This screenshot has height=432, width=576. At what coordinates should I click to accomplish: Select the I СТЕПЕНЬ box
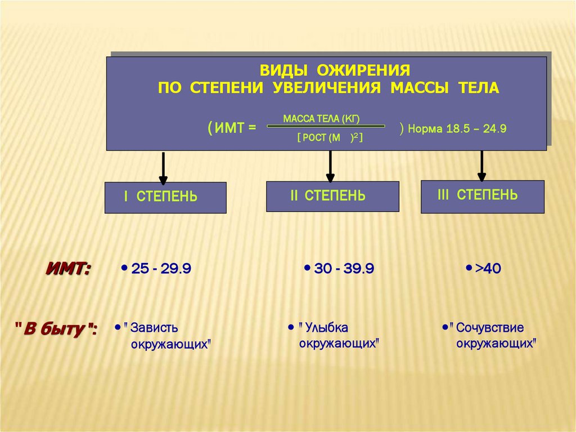pyautogui.click(x=165, y=197)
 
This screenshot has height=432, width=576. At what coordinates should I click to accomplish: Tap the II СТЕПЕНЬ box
pyautogui.click(x=332, y=196)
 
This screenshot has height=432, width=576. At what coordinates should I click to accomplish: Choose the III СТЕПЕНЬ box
pyautogui.click(x=483, y=196)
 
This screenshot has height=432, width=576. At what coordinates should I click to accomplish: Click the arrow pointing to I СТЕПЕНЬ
pyautogui.click(x=163, y=168)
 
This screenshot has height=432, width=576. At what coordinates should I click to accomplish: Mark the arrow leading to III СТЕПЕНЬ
pyautogui.click(x=481, y=166)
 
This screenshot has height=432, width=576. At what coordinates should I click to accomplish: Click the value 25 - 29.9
pyautogui.click(x=161, y=269)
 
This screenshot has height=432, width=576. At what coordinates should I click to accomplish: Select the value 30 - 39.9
pyautogui.click(x=344, y=269)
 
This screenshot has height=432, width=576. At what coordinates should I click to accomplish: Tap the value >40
pyautogui.click(x=488, y=269)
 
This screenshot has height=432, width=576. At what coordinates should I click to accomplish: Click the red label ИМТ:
pyautogui.click(x=68, y=269)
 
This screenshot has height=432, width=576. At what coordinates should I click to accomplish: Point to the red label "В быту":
pyautogui.click(x=55, y=328)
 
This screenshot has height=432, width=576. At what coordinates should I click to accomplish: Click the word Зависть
pyautogui.click(x=154, y=328)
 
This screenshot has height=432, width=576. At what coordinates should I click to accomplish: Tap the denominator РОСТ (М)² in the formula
pyautogui.click(x=330, y=138)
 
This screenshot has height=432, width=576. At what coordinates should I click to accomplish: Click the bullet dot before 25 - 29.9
pyautogui.click(x=123, y=268)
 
